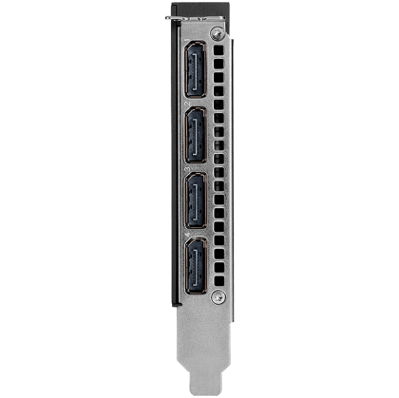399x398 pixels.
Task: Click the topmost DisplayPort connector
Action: [195, 78]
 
